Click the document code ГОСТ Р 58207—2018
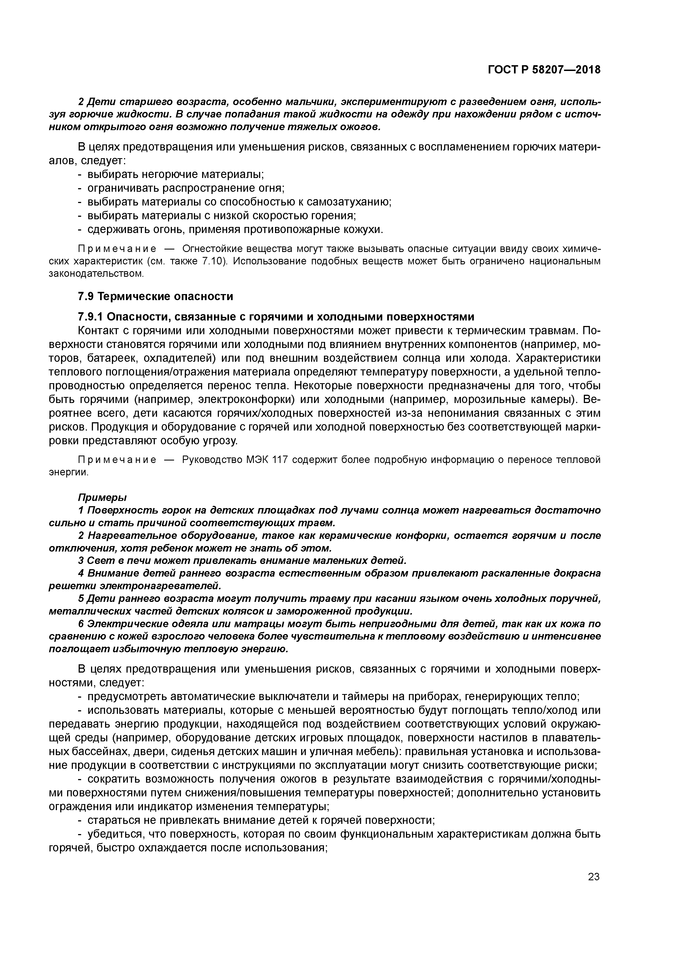[x=544, y=70]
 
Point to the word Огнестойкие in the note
[x=205, y=249]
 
